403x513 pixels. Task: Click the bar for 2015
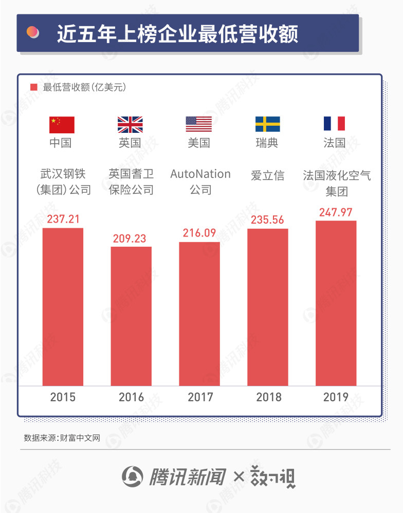pyautogui.click(x=63, y=307)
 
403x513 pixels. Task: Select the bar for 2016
pyautogui.click(x=131, y=317)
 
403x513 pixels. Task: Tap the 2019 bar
pyautogui.click(x=336, y=303)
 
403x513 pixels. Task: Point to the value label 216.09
pyautogui.click(x=199, y=233)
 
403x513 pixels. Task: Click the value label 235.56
pyautogui.click(x=267, y=220)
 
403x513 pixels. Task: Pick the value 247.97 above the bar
pyautogui.click(x=336, y=212)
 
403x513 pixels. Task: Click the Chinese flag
pyautogui.click(x=62, y=125)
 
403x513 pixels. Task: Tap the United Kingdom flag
pyautogui.click(x=130, y=125)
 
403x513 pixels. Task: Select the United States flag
pyautogui.click(x=199, y=124)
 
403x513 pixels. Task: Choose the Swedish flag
pyautogui.click(x=268, y=124)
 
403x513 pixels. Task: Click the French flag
pyautogui.click(x=334, y=124)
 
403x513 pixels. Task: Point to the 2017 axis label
pyautogui.click(x=200, y=397)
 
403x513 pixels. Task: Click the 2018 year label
pyautogui.click(x=269, y=397)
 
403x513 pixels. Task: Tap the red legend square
pyautogui.click(x=34, y=87)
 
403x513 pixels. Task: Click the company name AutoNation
pyautogui.click(x=200, y=174)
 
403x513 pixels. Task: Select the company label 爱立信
pyautogui.click(x=268, y=175)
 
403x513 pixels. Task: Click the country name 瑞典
pyautogui.click(x=267, y=143)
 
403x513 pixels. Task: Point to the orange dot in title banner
pyautogui.click(x=32, y=32)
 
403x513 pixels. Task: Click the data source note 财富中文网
pyautogui.click(x=80, y=438)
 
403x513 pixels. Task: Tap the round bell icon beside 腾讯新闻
pyautogui.click(x=133, y=477)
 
